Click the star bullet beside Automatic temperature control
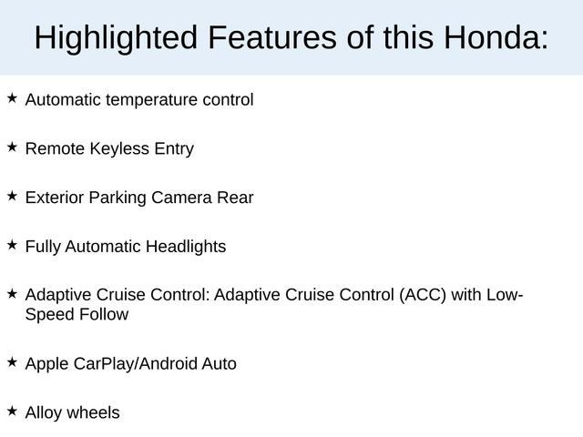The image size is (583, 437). (x=12, y=96)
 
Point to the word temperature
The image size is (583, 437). (x=150, y=99)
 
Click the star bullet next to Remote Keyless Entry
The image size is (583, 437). (x=12, y=145)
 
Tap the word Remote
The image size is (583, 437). (x=56, y=148)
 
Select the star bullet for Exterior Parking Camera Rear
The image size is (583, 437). (x=12, y=194)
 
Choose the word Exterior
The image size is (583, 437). (x=55, y=198)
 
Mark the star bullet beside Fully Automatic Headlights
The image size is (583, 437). (x=12, y=243)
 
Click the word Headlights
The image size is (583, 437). (x=185, y=247)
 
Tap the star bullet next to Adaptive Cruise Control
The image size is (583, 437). (x=12, y=292)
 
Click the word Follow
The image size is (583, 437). (x=103, y=315)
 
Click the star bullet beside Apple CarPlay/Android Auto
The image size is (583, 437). (x=12, y=361)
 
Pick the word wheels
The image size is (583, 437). (x=94, y=413)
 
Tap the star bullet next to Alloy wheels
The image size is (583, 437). (x=12, y=410)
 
